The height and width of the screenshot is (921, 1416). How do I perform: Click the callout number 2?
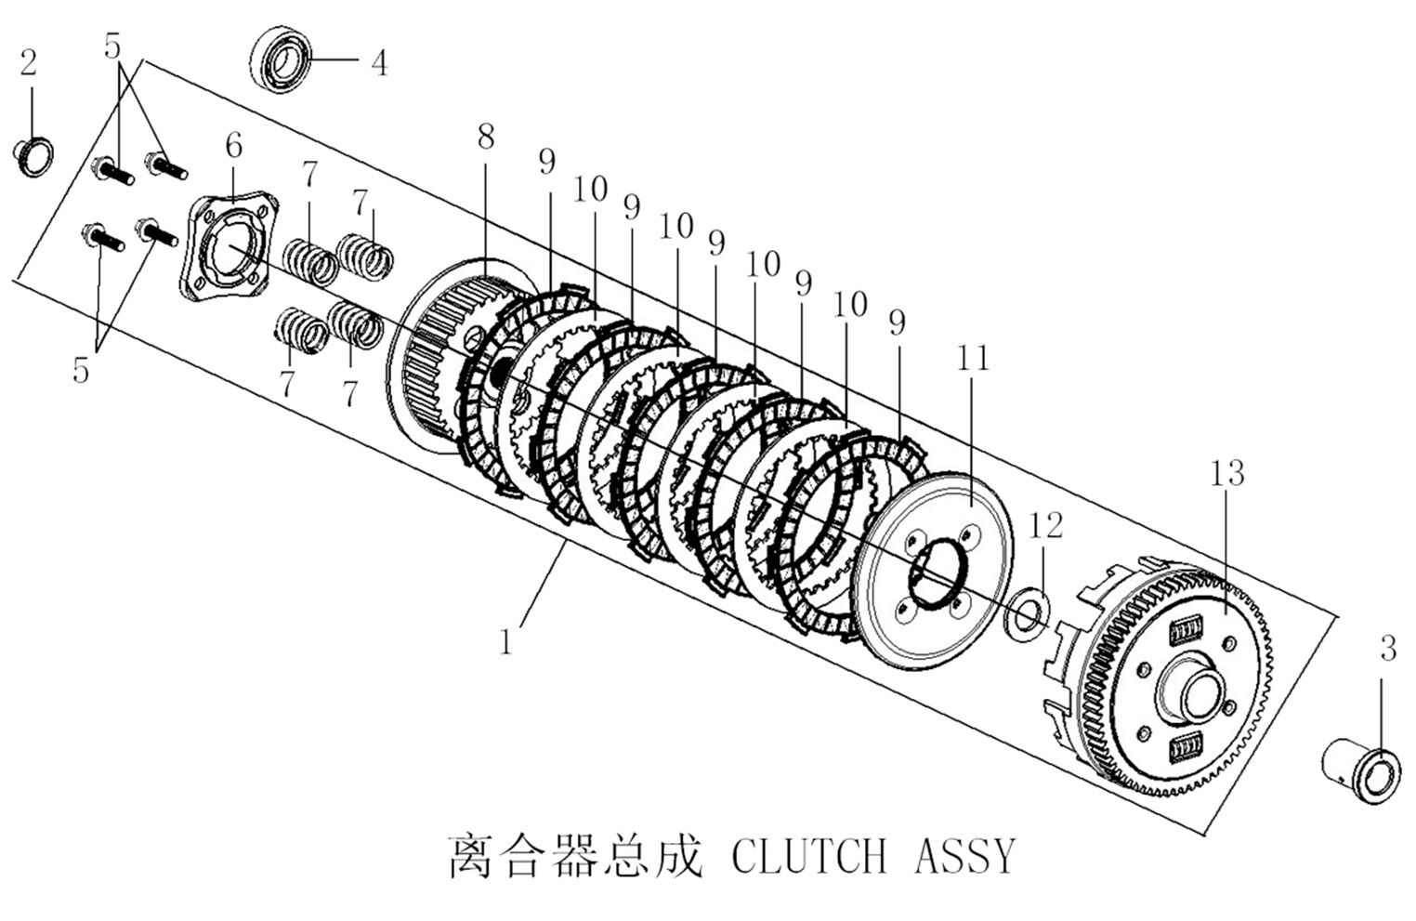pos(29,64)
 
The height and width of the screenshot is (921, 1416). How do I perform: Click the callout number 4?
pos(378,63)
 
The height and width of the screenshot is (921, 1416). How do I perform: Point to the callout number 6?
pos(233,145)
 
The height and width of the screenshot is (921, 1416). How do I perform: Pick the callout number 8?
pos(486,137)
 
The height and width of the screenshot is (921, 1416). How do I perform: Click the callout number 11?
pos(974,358)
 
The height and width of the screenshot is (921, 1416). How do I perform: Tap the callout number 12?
pos(1045,525)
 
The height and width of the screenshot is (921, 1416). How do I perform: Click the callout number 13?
pos(1226,473)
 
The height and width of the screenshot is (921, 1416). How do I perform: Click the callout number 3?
pos(1387,649)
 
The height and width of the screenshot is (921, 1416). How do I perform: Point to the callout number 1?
pos(505,641)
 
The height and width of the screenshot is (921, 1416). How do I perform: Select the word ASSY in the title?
pos(965,856)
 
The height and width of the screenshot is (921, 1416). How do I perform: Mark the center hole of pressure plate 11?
pos(937,574)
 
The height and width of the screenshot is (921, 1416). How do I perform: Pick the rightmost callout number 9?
pos(897,322)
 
